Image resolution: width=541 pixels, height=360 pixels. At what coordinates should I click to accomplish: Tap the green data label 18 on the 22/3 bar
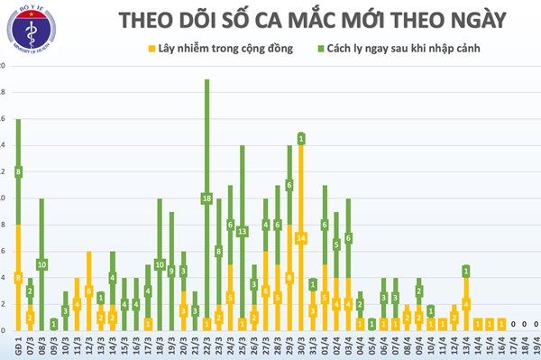pos(206,198)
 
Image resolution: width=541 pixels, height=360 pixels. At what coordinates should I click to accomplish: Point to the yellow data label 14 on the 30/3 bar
pos(301,237)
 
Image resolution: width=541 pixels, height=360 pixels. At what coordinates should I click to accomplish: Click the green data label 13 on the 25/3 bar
pos(242,231)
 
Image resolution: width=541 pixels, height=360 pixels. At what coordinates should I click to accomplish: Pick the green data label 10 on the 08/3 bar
pos(41,263)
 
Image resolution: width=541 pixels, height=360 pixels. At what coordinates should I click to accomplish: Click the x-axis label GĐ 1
pos(18,346)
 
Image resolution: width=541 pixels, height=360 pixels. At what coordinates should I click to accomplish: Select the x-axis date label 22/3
pos(206,346)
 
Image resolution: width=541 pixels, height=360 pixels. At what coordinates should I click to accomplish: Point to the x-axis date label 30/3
pos(301,346)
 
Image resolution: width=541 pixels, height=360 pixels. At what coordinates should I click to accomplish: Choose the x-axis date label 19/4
pos(536,346)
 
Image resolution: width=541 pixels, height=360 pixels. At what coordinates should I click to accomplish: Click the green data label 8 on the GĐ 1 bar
pos(18,171)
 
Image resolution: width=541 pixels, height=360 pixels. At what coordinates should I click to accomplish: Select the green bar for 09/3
pos(53,323)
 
